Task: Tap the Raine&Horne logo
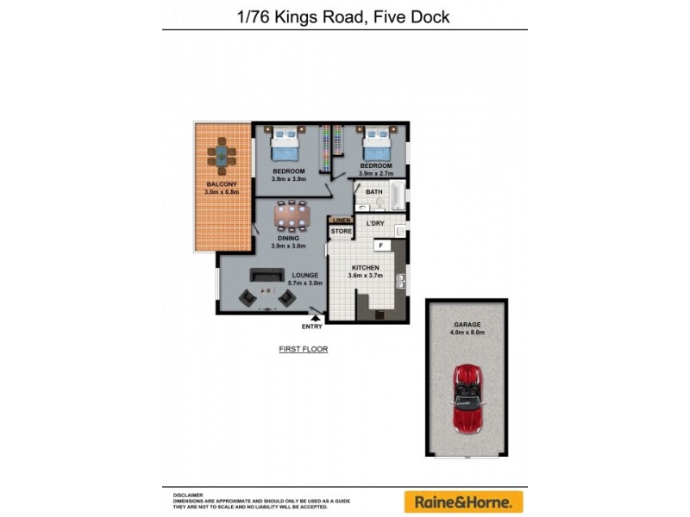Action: [x=464, y=501]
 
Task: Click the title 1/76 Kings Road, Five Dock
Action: [x=344, y=16]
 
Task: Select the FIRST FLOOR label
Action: [x=303, y=349]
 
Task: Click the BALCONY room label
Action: [x=221, y=184]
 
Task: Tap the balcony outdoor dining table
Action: [x=222, y=156]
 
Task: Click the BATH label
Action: [x=373, y=192]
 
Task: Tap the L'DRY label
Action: [x=375, y=224]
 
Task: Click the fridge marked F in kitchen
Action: [x=380, y=246]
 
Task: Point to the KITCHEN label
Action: [x=363, y=268]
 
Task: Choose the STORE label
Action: [x=342, y=232]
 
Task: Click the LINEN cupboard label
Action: [x=342, y=221]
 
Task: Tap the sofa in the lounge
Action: [x=267, y=275]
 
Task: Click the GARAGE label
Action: [x=466, y=324]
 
